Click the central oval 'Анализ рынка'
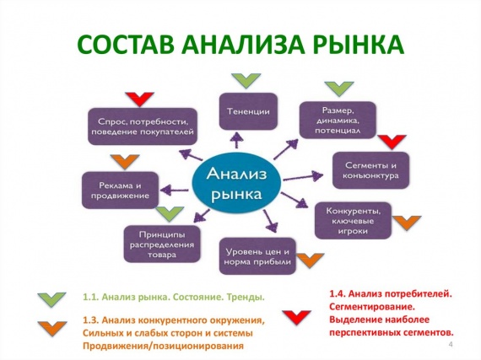[236, 183]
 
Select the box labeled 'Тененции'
[248, 111]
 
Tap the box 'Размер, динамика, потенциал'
[338, 120]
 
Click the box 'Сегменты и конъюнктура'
[370, 170]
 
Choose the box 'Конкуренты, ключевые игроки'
[353, 221]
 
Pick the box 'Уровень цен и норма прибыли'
[257, 256]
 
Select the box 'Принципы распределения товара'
[162, 244]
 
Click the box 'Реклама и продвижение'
[120, 191]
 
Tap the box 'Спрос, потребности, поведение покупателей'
[143, 126]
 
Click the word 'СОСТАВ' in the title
[126, 45]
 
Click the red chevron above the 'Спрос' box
[139, 99]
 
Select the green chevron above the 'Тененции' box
[246, 81]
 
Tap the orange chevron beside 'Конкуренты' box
[407, 223]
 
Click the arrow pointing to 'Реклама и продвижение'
[174, 191]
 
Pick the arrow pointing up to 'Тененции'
[236, 141]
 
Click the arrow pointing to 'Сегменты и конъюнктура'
[303, 177]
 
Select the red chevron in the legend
[297, 317]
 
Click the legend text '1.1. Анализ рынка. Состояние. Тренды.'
[174, 298]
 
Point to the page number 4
[451, 344]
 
